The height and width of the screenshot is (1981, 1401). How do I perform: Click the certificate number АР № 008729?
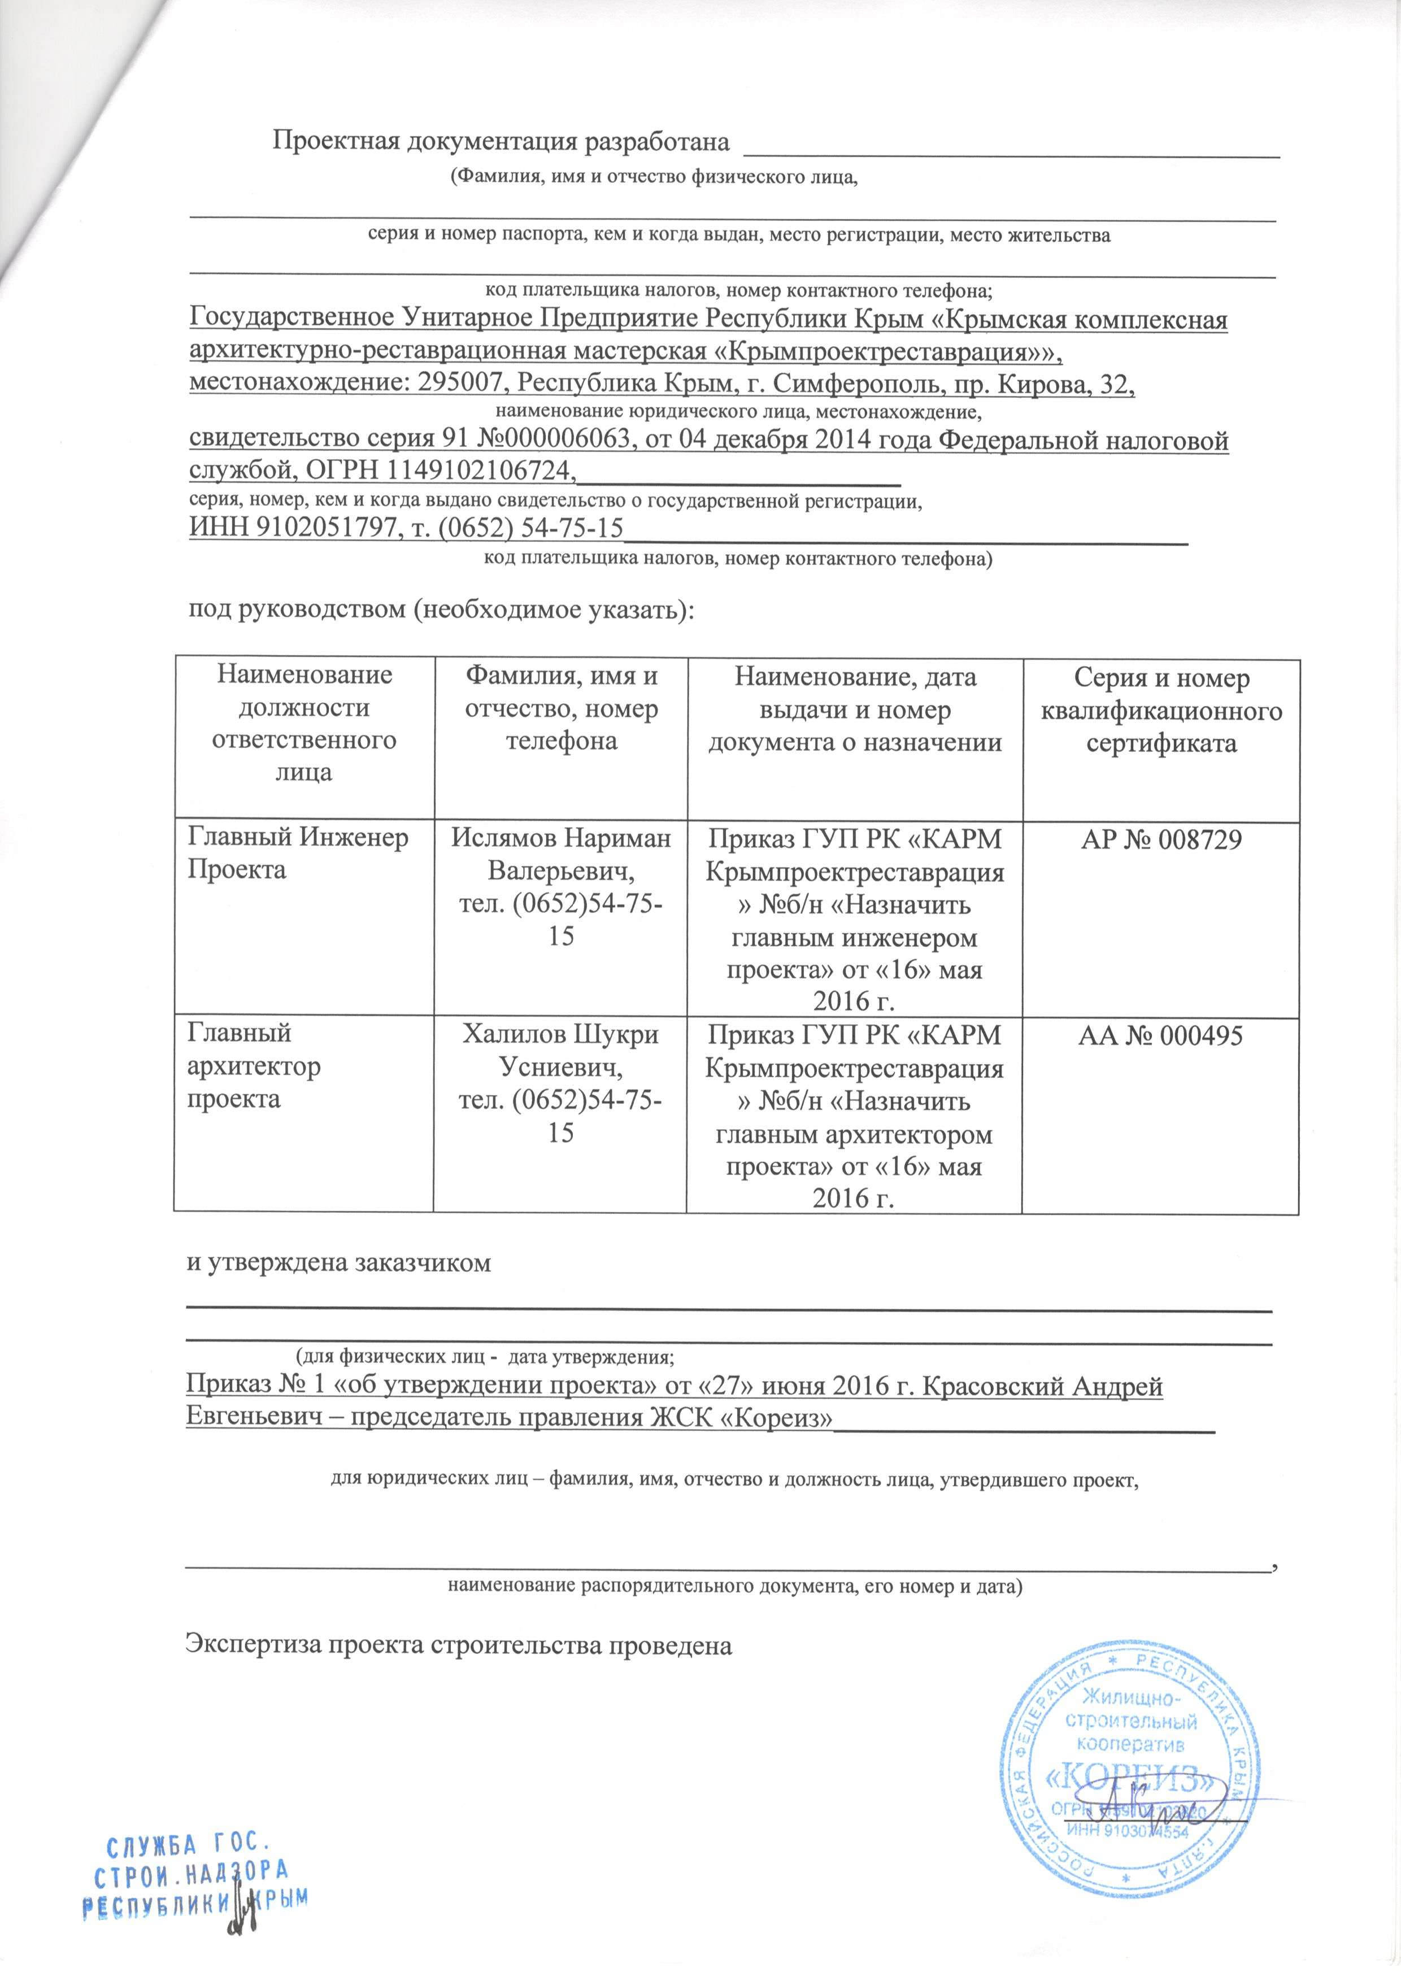pyautogui.click(x=1161, y=839)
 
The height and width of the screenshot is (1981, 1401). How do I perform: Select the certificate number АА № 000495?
pyautogui.click(x=1161, y=1035)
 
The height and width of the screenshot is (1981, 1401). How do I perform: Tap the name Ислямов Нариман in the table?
pyautogui.click(x=561, y=839)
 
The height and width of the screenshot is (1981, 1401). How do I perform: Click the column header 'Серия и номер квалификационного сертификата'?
pyautogui.click(x=1161, y=712)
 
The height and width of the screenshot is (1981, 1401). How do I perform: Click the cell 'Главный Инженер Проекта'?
pyautogui.click(x=298, y=854)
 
